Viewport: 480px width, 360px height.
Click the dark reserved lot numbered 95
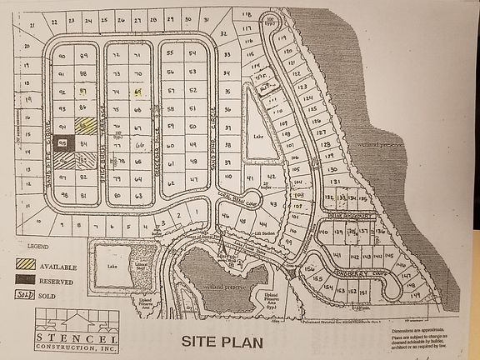[62, 142]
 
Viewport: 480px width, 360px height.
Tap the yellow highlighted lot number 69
[139, 90]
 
